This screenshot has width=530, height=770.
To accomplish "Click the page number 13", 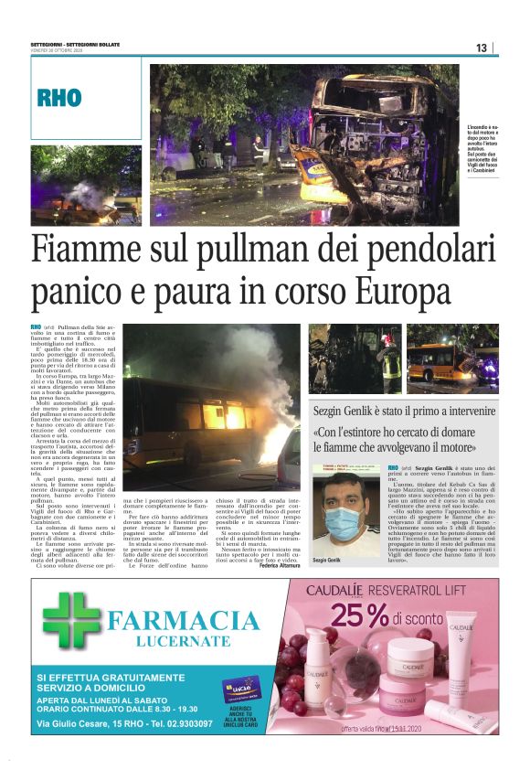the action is (482, 48).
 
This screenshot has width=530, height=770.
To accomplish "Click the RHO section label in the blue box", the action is (59, 98).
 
